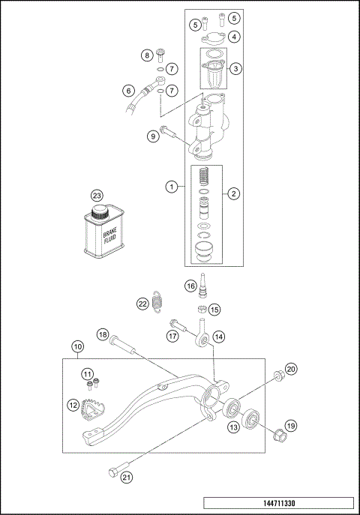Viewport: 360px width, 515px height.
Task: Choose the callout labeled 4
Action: click(235, 37)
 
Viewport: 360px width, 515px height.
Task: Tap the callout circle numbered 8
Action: click(148, 55)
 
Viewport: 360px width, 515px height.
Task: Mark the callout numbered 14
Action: click(219, 337)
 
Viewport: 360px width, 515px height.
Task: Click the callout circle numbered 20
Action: click(291, 368)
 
